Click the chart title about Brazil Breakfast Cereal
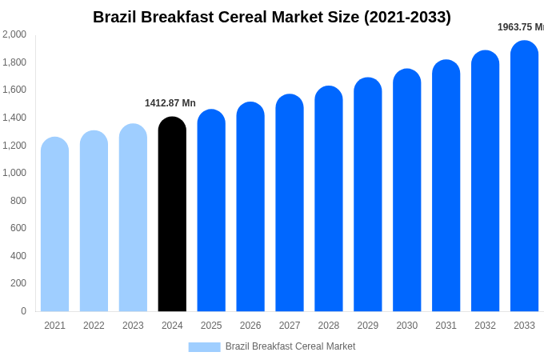(x=272, y=17)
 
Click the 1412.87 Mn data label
(x=170, y=103)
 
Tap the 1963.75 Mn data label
(x=521, y=27)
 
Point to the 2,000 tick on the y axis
(x=14, y=34)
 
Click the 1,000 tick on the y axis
(x=14, y=173)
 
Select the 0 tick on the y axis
(x=23, y=311)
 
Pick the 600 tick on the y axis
(x=18, y=228)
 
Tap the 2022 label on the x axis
(x=94, y=326)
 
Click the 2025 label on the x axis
(x=211, y=326)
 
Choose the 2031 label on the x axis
(x=446, y=326)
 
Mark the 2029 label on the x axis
(x=368, y=326)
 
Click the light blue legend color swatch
(x=204, y=347)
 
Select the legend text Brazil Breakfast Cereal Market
(x=290, y=346)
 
